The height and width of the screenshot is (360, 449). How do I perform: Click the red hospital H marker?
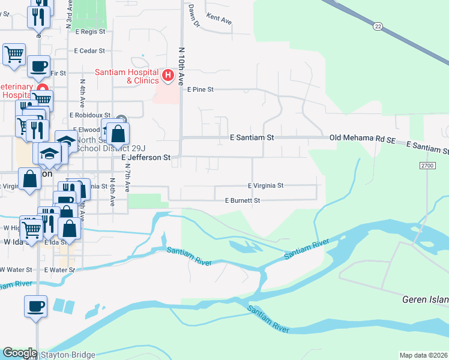[x=168, y=76]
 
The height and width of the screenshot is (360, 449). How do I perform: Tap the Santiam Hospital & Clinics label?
[x=127, y=76]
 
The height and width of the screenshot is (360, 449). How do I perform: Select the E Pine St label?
[x=200, y=89]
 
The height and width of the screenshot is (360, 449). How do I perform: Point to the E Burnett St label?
[x=242, y=200]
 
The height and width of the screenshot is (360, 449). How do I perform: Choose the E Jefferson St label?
[x=146, y=157]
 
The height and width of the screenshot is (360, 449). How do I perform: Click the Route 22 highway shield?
[x=377, y=26]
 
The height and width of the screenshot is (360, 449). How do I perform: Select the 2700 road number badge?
[x=427, y=164]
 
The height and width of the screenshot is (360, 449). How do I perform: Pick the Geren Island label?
[x=424, y=299]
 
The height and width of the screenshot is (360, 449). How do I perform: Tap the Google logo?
[x=20, y=353]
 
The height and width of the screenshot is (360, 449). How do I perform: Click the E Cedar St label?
[x=89, y=51]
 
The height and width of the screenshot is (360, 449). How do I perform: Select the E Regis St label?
[x=89, y=31]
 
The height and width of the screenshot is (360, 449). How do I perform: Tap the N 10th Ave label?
[x=181, y=65]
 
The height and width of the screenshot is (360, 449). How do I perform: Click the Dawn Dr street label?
[x=193, y=16]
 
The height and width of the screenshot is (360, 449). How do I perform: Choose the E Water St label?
[x=59, y=270]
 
